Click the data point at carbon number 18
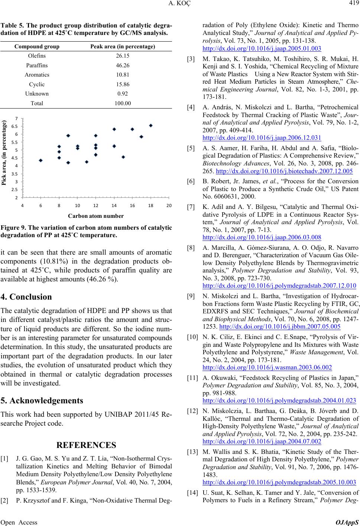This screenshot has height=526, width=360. pos(151,126)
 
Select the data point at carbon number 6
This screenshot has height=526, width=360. pos(40,161)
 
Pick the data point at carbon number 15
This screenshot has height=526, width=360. pos(123,157)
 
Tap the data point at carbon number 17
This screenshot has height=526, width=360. pos(142,137)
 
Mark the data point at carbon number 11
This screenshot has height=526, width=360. pos(87,162)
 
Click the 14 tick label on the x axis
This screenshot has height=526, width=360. pos(114,206)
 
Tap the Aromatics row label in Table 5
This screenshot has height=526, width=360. pos(39,74)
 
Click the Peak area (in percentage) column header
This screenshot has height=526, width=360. pos(123,46)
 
